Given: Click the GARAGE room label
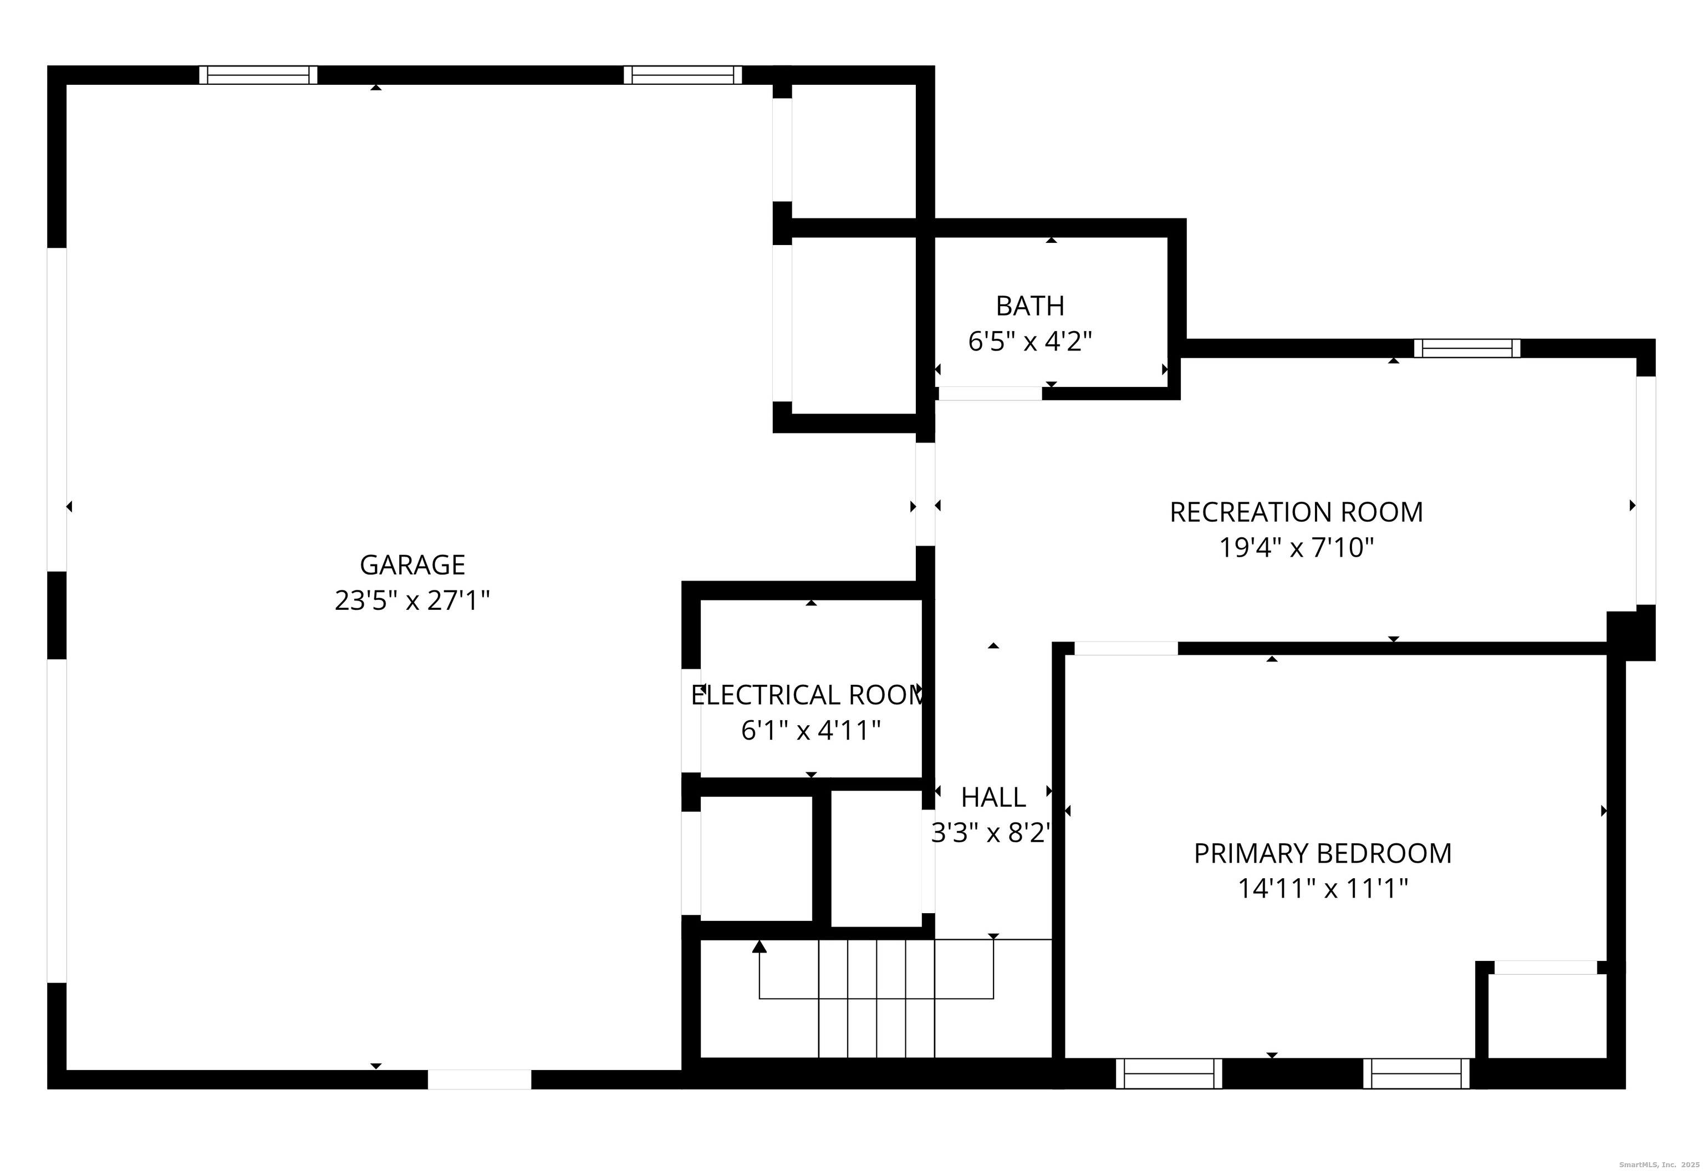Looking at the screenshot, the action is pyautogui.click(x=412, y=565).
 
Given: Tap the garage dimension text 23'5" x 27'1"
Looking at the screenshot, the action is pyautogui.click(x=412, y=601).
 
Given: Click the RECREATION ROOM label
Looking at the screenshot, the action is pyautogui.click(x=1296, y=512).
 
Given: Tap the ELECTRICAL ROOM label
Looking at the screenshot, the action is pyautogui.click(x=807, y=695).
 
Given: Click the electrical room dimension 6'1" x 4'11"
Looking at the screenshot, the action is pyautogui.click(x=810, y=731).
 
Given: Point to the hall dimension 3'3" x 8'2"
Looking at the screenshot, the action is pyautogui.click(x=992, y=833).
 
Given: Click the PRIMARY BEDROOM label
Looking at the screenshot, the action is pyautogui.click(x=1322, y=853).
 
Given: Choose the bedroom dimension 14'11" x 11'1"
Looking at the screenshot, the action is pyautogui.click(x=1322, y=889).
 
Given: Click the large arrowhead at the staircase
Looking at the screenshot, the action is pyautogui.click(x=759, y=946).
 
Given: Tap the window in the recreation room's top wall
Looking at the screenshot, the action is pyautogui.click(x=1467, y=349).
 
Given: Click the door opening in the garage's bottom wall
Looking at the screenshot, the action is pyautogui.click(x=480, y=1080).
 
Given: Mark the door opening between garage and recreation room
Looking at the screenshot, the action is pyautogui.click(x=926, y=495).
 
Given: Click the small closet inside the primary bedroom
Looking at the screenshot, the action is pyautogui.click(x=1548, y=1016).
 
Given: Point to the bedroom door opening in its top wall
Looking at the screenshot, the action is pyautogui.click(x=1126, y=649).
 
